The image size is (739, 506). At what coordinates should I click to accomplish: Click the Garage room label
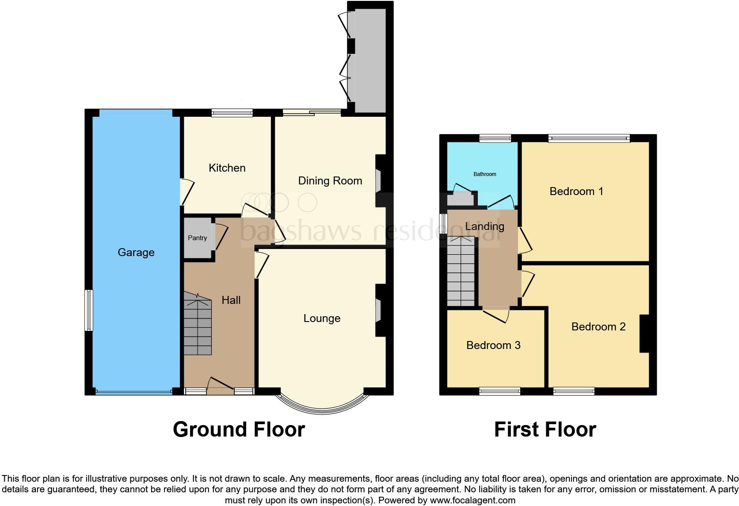[136, 253]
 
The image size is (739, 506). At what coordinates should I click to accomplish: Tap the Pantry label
[197, 238]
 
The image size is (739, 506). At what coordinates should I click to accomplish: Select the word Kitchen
[227, 168]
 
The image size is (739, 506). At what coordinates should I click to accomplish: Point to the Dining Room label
[330, 181]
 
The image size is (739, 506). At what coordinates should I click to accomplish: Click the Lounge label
[322, 318]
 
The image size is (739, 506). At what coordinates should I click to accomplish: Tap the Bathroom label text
[485, 174]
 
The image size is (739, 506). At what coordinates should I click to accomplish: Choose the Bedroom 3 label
[493, 345]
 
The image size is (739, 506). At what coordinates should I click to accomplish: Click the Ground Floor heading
[239, 429]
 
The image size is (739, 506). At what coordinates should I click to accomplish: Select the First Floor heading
[545, 429]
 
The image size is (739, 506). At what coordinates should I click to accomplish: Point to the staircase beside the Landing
[461, 271]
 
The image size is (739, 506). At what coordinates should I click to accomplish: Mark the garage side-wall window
[89, 310]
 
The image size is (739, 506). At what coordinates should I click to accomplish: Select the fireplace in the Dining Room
[379, 181]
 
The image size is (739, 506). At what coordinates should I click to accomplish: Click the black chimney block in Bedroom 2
[644, 333]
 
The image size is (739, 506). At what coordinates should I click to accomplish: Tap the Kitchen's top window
[232, 113]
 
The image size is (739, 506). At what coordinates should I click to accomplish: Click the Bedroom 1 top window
[589, 138]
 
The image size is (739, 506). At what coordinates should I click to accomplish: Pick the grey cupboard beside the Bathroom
[459, 199]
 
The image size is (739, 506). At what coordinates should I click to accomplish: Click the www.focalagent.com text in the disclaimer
[472, 501]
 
